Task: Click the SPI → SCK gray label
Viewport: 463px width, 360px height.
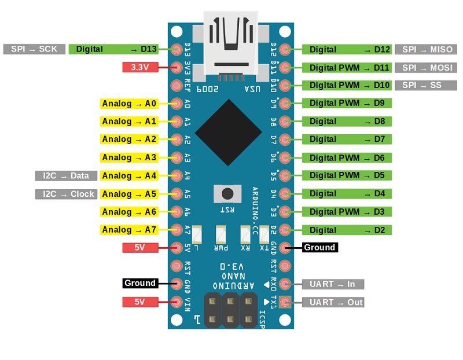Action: click(x=34, y=49)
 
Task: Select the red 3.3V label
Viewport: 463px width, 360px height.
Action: click(x=140, y=67)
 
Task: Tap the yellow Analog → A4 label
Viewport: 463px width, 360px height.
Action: click(x=129, y=175)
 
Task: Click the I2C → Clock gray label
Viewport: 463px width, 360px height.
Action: click(x=65, y=194)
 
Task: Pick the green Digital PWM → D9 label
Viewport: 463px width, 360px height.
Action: click(x=347, y=103)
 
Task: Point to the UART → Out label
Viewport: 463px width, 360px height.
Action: click(x=333, y=302)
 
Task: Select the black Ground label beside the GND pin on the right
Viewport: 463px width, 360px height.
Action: click(x=319, y=248)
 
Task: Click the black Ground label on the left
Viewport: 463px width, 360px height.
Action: click(x=139, y=283)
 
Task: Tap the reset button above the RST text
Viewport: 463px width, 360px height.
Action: click(x=227, y=193)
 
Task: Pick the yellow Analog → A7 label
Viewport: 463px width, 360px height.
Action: click(x=129, y=230)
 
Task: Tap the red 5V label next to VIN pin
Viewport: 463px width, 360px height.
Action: click(x=140, y=302)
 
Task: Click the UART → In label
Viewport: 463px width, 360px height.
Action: click(x=333, y=284)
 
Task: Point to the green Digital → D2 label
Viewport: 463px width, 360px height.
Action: click(x=347, y=230)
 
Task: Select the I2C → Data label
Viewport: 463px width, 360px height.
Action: click(x=65, y=175)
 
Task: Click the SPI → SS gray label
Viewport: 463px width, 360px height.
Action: click(x=421, y=85)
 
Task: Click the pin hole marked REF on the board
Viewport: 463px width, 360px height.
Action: click(x=178, y=86)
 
